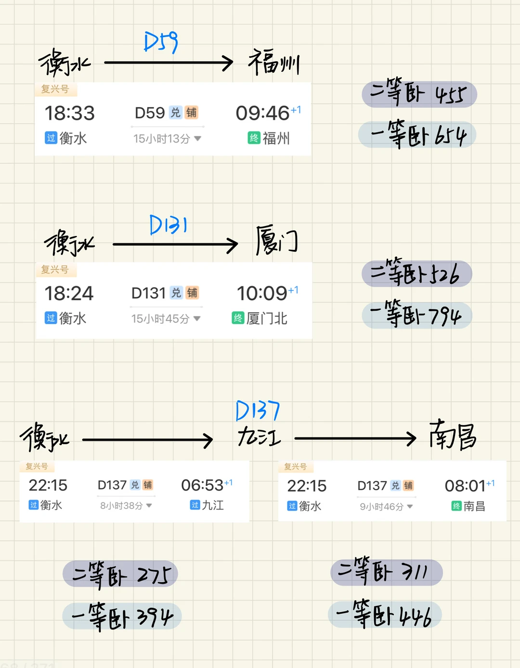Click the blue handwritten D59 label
tap(161, 42)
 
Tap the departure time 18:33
tap(69, 113)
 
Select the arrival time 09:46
tap(262, 113)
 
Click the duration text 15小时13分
tap(162, 139)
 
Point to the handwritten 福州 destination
tap(273, 63)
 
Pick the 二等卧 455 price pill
tap(419, 94)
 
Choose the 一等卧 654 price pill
tap(417, 135)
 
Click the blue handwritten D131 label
tap(168, 225)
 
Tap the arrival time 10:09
tap(262, 293)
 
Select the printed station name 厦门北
tap(267, 318)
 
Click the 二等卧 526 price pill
tap(417, 274)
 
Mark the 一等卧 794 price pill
tap(417, 315)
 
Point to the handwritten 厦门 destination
tap(276, 240)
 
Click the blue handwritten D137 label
tap(258, 411)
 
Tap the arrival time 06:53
tap(202, 485)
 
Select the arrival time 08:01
tap(465, 486)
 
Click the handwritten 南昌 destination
tap(453, 435)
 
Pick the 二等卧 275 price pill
tap(120, 574)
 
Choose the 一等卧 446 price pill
tap(385, 615)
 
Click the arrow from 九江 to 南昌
tap(355, 438)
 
